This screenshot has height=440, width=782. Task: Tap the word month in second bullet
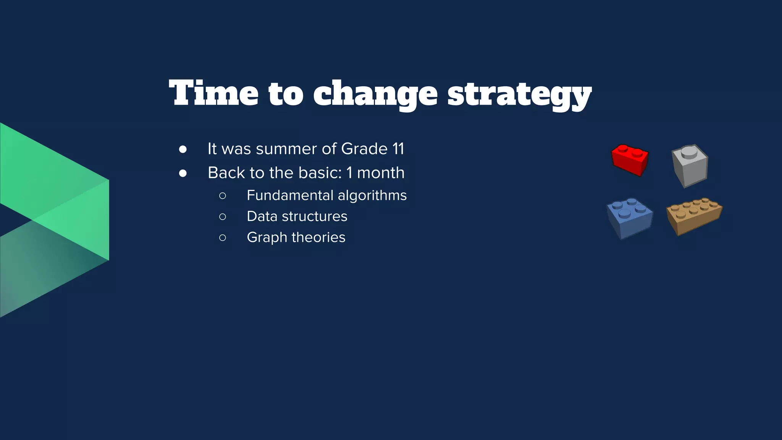381,173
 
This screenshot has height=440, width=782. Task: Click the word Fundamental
290,195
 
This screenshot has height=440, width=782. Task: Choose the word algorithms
372,196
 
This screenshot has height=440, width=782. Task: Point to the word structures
315,216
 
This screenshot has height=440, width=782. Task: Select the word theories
318,237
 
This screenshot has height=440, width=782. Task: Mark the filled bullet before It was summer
183,149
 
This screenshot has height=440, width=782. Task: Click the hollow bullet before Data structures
223,217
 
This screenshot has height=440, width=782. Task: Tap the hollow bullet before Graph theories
223,238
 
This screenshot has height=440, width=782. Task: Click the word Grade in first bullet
364,149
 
